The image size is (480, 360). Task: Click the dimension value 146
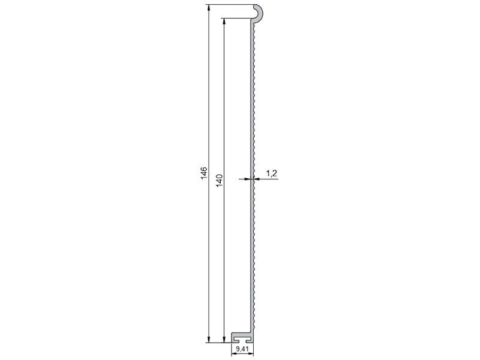pyautogui.click(x=204, y=173)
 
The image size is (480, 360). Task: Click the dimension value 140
pyautogui.click(x=219, y=181)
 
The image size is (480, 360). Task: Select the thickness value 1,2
pyautogui.click(x=272, y=173)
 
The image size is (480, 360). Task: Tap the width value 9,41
pyautogui.click(x=242, y=349)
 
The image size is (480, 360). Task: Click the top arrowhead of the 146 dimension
pyautogui.click(x=209, y=8)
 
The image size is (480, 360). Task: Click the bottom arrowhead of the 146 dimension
pyautogui.click(x=209, y=339)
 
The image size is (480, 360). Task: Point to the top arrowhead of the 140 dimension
pyautogui.click(x=224, y=22)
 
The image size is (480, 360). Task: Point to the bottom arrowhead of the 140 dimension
pyautogui.click(x=224, y=339)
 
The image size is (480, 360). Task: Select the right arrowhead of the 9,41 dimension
pyautogui.click(x=250, y=354)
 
